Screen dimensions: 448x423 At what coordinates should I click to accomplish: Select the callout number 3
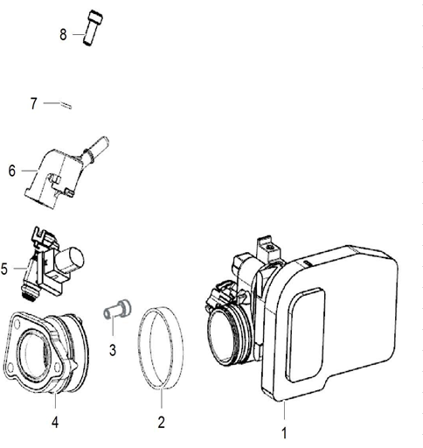113,350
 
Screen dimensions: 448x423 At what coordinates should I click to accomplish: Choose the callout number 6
12,171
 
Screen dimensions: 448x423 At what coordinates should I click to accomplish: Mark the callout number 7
34,103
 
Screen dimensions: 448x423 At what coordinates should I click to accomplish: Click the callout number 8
63,35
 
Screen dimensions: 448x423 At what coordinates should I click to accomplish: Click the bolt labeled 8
92,28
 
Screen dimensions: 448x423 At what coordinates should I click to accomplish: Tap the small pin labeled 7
66,105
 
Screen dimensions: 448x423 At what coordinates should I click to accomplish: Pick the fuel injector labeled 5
48,262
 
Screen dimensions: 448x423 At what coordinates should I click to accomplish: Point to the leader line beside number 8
76,35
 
